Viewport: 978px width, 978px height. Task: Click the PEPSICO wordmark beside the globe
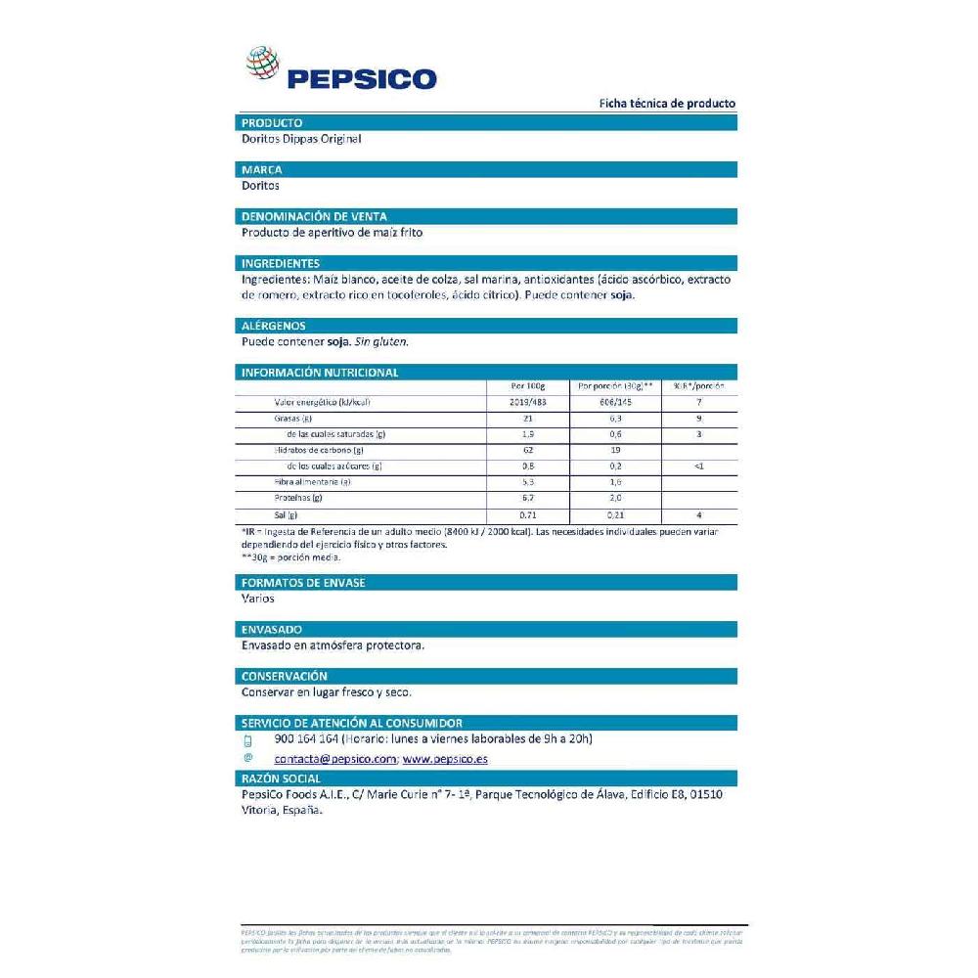tap(361, 78)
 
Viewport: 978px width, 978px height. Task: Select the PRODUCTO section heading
tap(272, 123)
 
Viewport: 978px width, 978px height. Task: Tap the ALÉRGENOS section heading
tap(274, 326)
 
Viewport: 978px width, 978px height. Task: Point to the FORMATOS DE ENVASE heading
tap(303, 583)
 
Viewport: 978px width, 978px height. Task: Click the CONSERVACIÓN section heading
tap(284, 676)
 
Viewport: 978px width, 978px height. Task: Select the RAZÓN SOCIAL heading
tap(281, 778)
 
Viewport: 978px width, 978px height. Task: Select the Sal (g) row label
tap(286, 514)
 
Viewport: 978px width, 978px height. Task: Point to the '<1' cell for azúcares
tap(698, 467)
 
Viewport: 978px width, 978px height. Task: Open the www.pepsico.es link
tap(445, 759)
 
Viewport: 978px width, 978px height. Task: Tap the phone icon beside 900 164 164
tap(248, 740)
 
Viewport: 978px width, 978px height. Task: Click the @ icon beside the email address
tap(248, 758)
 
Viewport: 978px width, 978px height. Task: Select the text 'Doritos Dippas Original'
tap(301, 139)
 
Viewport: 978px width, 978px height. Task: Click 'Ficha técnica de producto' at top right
tap(667, 104)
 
